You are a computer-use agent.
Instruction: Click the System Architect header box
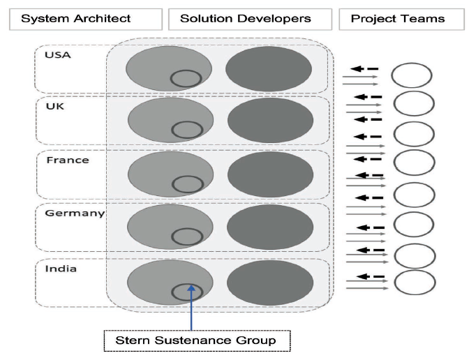86,19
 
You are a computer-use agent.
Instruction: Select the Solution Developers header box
250,19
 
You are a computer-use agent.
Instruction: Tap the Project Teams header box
402,19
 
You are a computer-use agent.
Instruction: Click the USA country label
58,55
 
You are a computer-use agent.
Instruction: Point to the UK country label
55,106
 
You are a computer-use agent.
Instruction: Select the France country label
68,160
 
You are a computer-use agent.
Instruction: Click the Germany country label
75,213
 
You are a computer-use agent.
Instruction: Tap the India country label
61,269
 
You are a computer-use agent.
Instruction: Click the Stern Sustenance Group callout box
197,340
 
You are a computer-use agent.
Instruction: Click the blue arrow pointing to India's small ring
191,308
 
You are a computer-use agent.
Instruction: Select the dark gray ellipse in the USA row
269,69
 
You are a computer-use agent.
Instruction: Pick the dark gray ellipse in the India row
270,283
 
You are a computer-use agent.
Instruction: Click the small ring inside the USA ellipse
171,78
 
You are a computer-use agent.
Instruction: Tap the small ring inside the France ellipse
172,184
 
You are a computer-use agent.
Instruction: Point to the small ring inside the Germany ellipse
172,237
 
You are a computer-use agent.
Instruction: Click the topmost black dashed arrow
364,69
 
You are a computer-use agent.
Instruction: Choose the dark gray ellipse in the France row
270,174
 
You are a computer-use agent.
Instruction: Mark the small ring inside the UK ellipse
172,130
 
